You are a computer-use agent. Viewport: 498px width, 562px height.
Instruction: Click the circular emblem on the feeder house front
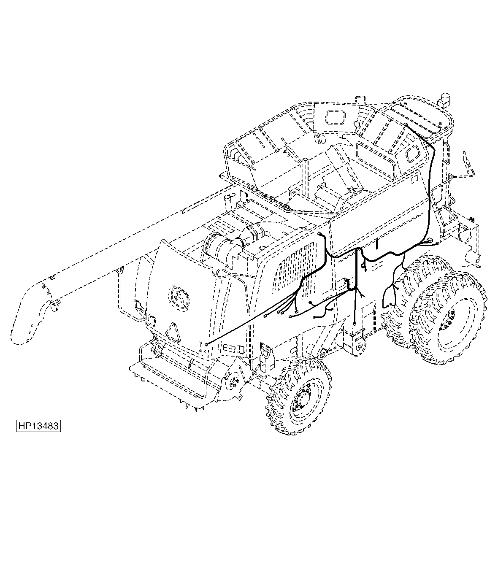click(x=179, y=298)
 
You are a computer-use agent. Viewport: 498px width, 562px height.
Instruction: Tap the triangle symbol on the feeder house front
click(x=173, y=332)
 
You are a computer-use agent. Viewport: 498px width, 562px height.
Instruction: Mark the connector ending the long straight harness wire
click(x=206, y=344)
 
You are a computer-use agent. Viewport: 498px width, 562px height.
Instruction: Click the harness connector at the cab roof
click(x=405, y=125)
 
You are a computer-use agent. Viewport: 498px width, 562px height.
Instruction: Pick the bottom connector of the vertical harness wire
click(x=355, y=324)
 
